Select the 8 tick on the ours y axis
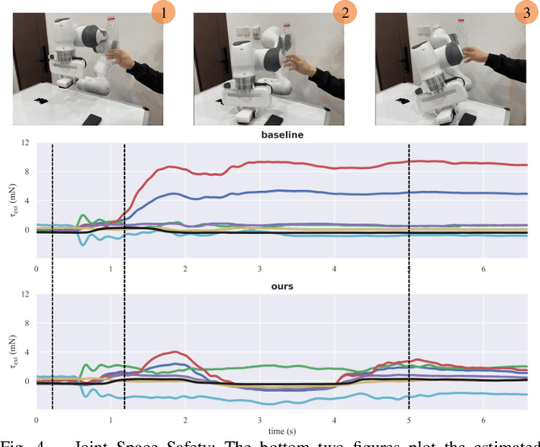click(x=28, y=324)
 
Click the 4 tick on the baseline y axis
click(x=28, y=200)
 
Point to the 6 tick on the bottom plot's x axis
click(x=483, y=419)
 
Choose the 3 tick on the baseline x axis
click(x=260, y=268)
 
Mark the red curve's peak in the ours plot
click(x=175, y=352)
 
